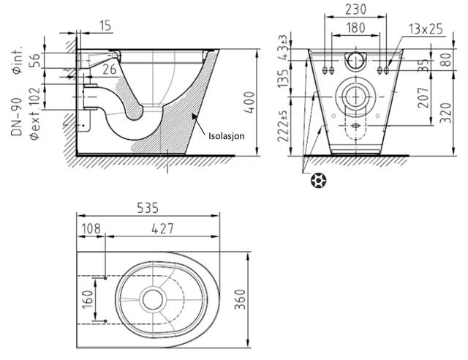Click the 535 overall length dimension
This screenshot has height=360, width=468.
coord(148,208)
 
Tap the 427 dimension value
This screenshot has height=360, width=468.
coord(162,229)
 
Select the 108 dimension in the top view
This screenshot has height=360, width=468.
coord(91,229)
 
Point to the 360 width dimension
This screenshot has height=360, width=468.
coord(240,299)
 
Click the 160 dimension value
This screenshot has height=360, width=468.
coord(88,300)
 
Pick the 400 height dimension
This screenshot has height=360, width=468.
coord(249,102)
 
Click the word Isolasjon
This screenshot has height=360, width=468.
coord(226,136)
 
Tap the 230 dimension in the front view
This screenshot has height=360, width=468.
coord(355,10)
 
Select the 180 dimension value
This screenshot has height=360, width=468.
coord(355,28)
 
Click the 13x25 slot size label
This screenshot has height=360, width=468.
coord(426,29)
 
